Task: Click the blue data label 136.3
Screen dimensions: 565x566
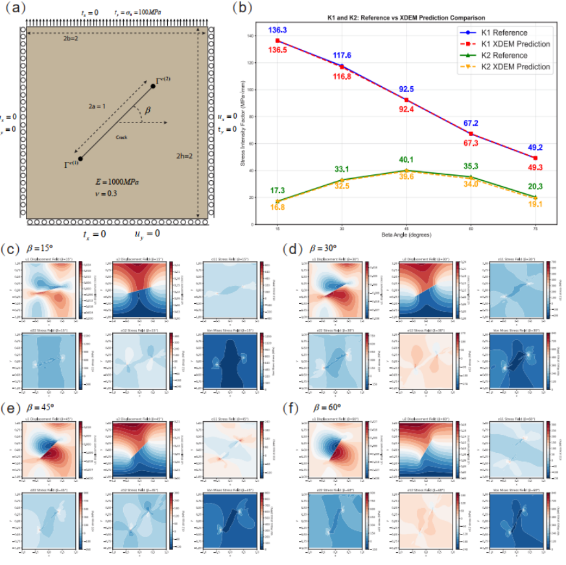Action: [x=277, y=30]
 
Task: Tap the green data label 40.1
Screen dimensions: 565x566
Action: [x=407, y=160]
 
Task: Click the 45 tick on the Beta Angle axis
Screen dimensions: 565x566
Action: [x=407, y=227]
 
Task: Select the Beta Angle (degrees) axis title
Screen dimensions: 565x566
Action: [x=407, y=234]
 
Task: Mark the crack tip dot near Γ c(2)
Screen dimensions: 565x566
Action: [x=152, y=87]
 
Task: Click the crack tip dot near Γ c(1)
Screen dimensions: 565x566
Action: [x=80, y=158]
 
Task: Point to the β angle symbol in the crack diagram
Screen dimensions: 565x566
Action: [x=148, y=111]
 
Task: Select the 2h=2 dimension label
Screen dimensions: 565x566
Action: [x=185, y=156]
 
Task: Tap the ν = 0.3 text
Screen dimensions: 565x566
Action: [x=106, y=193]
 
